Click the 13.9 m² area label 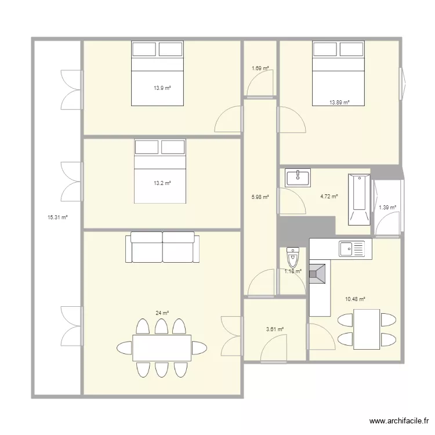[x=162, y=88]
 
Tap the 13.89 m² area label [x=339, y=103]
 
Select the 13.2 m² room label [x=162, y=183]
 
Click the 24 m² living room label [x=162, y=313]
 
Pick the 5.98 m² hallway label [x=260, y=197]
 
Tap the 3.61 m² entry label [x=274, y=329]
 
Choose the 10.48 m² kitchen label [x=354, y=299]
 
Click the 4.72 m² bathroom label [x=329, y=196]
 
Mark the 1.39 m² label [x=387, y=207]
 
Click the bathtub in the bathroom [x=358, y=199]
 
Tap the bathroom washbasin [x=298, y=177]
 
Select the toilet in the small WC [x=292, y=256]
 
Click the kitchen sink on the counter [x=352, y=249]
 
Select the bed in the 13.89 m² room [x=339, y=74]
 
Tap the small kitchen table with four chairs [x=367, y=329]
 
